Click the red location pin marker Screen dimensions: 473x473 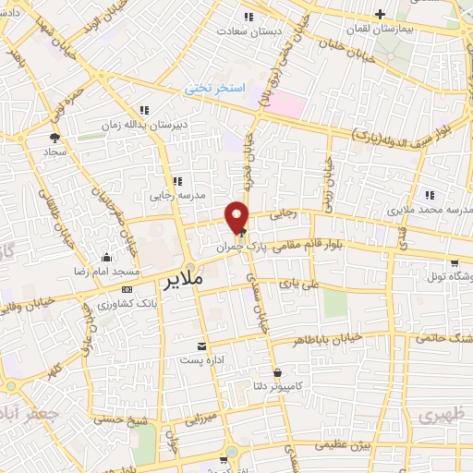click(x=238, y=216)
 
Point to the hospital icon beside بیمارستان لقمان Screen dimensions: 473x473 click(x=381, y=14)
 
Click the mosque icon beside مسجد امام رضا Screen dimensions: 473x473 click(x=109, y=258)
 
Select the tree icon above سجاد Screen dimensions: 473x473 click(x=53, y=136)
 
